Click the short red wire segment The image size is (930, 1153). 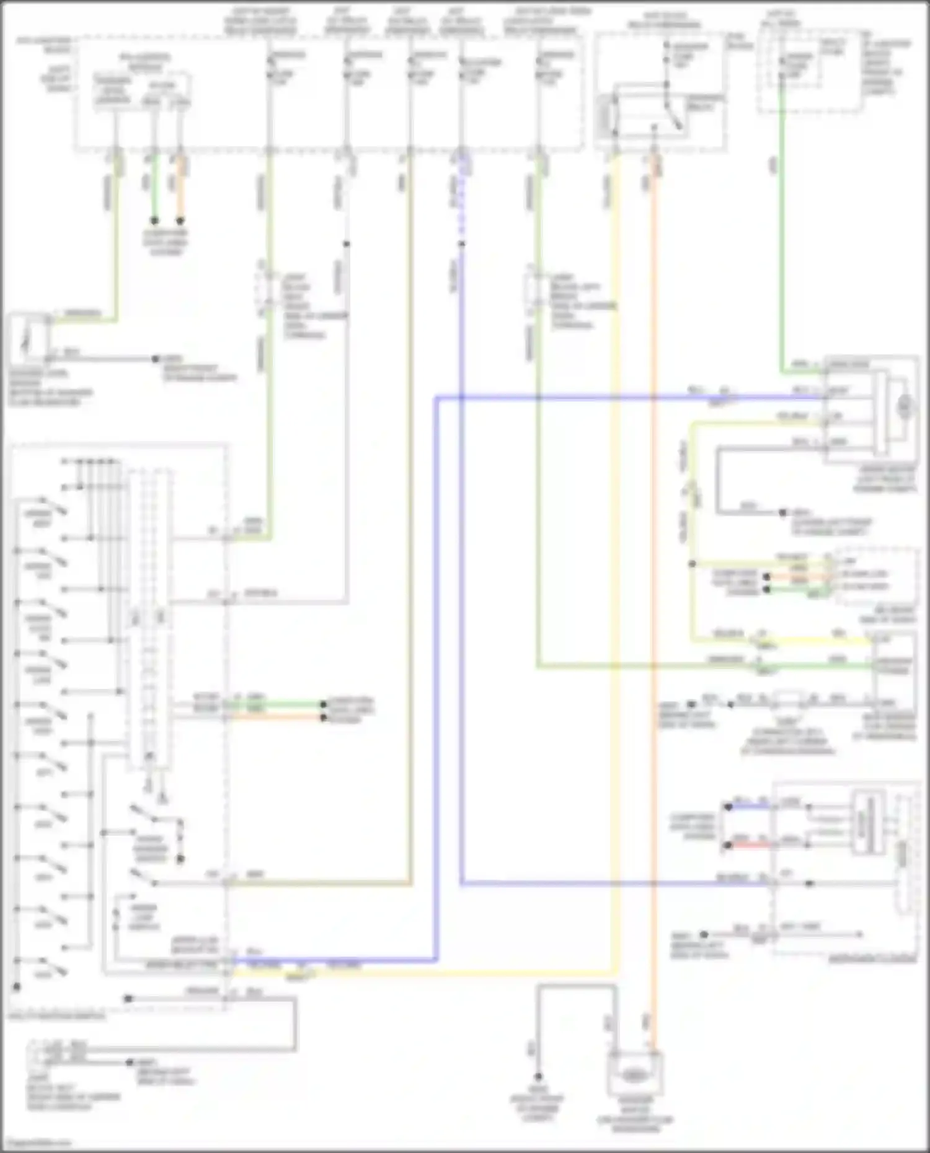click(750, 844)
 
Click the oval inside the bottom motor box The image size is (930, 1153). click(632, 1076)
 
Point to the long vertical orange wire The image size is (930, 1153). click(652, 558)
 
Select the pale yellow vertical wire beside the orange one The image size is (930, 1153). click(614, 558)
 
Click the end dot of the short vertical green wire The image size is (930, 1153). click(154, 221)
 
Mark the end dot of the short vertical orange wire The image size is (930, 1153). click(180, 221)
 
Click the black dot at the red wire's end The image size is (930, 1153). click(728, 845)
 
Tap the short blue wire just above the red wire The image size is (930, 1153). click(750, 807)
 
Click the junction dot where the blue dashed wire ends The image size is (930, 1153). click(461, 244)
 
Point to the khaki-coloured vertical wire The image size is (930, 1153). click(410, 496)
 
